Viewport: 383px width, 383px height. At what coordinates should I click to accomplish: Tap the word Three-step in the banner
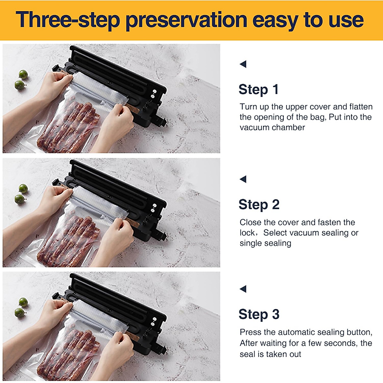pos(68,20)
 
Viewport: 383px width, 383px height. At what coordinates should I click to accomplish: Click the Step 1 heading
pos(259,89)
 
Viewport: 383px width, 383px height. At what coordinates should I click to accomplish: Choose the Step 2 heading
pos(259,205)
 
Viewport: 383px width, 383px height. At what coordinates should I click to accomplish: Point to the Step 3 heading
pos(259,314)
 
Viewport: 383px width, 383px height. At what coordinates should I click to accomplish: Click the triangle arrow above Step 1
pos(243,64)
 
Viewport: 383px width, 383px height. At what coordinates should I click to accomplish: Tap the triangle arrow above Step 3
pos(243,289)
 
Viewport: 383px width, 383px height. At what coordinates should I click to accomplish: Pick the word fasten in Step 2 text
pos(322,222)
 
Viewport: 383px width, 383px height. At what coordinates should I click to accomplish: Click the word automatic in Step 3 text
pos(301,332)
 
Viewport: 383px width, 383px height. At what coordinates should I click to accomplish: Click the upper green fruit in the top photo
pos(23,75)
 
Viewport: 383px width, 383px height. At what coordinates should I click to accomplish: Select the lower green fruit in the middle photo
pos(19,199)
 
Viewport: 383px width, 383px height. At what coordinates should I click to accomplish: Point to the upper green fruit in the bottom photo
pos(23,302)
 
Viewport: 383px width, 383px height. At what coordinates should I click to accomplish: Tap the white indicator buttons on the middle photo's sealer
pos(154,208)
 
